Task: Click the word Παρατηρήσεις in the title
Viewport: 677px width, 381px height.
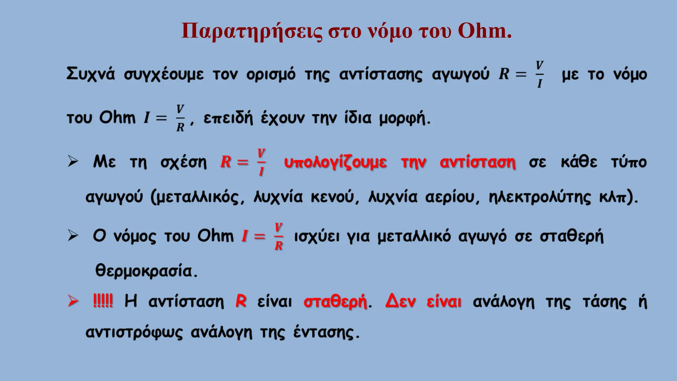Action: pos(252,32)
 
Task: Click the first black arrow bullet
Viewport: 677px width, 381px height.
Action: pos(73,161)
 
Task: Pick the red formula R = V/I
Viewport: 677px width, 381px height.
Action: pos(243,162)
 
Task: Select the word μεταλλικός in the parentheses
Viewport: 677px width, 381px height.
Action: pos(197,197)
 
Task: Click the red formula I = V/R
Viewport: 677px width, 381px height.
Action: pos(262,236)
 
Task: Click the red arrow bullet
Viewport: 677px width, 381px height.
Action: pos(73,301)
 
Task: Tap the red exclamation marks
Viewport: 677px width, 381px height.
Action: pos(103,301)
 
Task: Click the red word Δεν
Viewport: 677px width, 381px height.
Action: pos(400,301)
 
